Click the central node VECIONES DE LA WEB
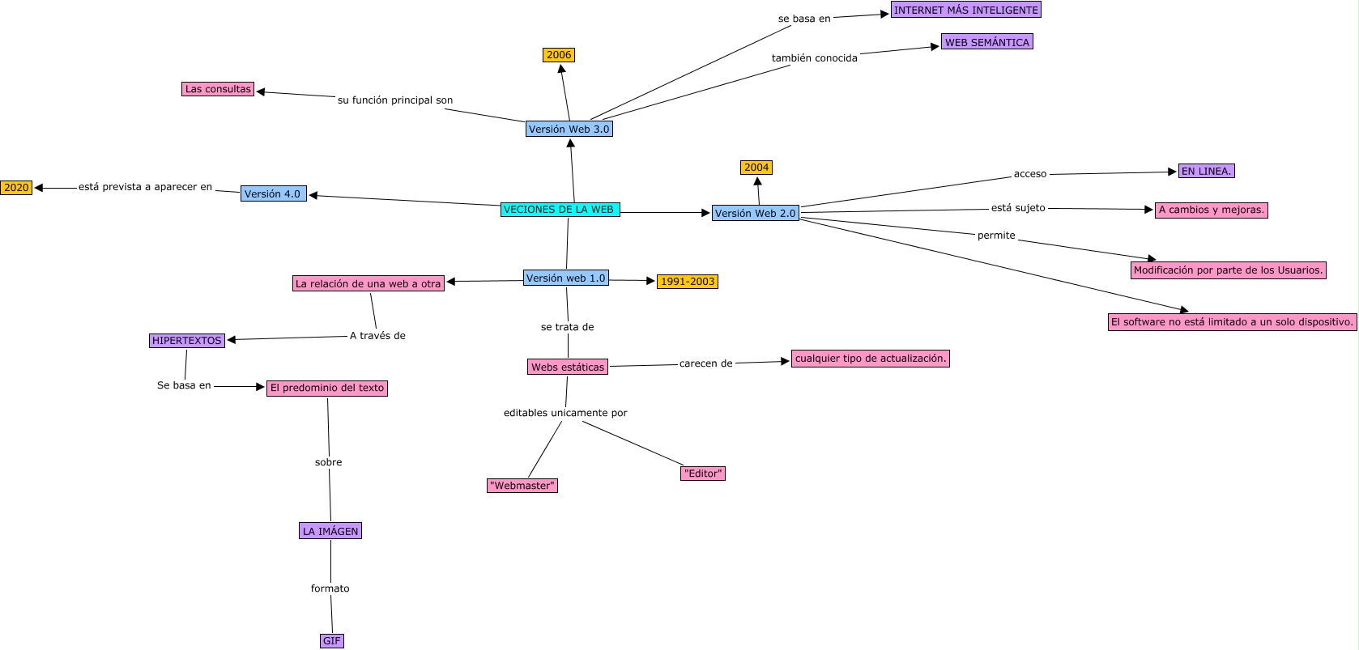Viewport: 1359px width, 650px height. point(560,210)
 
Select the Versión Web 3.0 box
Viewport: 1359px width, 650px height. point(569,129)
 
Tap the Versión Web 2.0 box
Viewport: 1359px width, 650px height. point(755,213)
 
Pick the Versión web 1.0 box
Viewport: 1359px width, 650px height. point(565,278)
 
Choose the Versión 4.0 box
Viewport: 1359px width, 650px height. point(273,194)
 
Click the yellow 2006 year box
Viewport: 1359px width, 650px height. point(559,55)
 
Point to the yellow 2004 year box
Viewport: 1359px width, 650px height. point(756,168)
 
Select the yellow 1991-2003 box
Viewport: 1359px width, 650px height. point(687,282)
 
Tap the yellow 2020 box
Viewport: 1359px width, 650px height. point(16,188)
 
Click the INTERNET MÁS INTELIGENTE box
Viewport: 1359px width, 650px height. point(965,10)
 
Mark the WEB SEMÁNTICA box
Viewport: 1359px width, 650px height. point(986,42)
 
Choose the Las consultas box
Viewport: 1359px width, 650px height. point(218,89)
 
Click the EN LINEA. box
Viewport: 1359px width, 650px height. point(1206,171)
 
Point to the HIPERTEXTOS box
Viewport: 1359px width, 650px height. point(187,341)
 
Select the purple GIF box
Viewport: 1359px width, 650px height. point(332,641)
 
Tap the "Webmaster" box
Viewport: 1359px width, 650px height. point(522,486)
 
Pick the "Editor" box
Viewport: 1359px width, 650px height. point(702,474)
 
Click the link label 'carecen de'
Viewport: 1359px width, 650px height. point(705,363)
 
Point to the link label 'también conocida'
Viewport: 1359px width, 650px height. point(814,58)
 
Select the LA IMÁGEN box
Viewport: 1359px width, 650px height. point(330,531)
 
